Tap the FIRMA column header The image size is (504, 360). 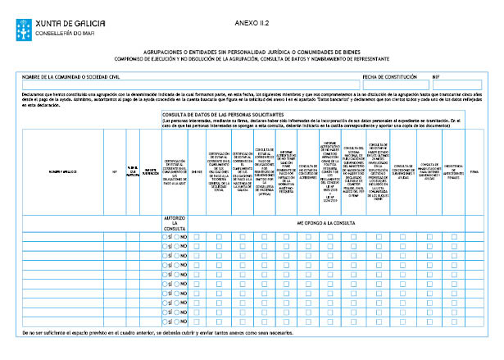tap(474, 171)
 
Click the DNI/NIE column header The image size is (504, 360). tap(196, 171)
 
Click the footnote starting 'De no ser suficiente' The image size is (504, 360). tap(156, 335)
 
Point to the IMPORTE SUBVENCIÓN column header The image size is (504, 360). tap(150, 171)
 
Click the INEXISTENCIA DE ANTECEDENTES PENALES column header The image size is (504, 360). tap(453, 171)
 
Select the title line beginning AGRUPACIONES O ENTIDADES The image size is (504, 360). tap(252, 51)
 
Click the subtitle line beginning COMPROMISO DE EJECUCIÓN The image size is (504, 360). tap(252, 58)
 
